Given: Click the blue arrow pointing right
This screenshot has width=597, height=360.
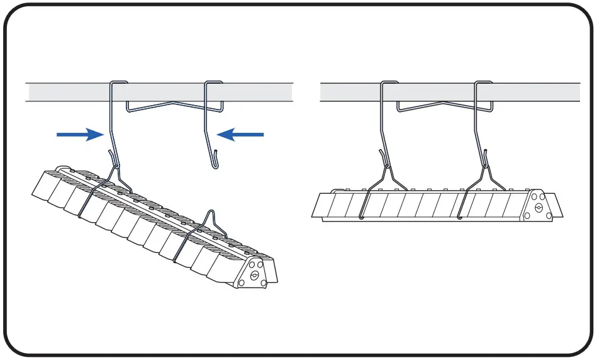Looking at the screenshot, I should point(79,134).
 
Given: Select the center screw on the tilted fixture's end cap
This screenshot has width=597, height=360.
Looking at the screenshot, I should point(254,275).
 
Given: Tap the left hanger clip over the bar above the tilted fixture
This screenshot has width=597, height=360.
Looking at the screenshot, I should point(120,82).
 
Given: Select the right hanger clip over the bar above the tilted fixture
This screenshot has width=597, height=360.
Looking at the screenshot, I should point(214,82).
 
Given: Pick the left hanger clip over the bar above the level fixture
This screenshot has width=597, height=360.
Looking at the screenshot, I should point(389,82).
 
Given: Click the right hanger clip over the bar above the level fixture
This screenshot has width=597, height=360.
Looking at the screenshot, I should point(483,82).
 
